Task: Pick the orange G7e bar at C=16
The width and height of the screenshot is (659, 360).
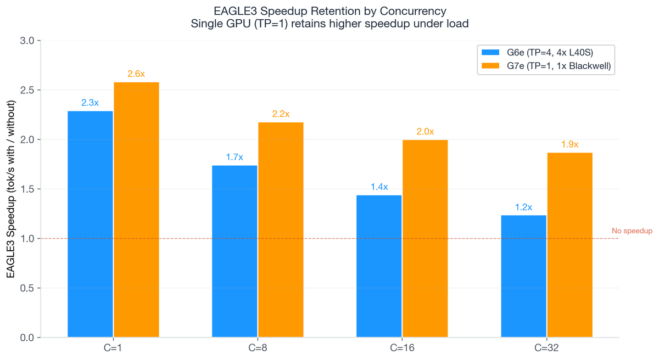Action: pyautogui.click(x=425, y=238)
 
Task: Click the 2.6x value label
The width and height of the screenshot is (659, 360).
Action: pyautogui.click(x=136, y=74)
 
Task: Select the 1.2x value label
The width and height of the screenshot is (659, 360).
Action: pyautogui.click(x=524, y=207)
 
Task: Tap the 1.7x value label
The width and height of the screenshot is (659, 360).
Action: pyautogui.click(x=234, y=157)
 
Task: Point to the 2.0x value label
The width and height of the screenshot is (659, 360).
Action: pyautogui.click(x=425, y=132)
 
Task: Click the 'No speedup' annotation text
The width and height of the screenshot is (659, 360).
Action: pyautogui.click(x=632, y=231)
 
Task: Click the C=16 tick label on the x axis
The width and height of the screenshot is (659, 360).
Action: pyautogui.click(x=402, y=347)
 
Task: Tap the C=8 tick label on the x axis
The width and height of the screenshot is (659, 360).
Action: pyautogui.click(x=258, y=347)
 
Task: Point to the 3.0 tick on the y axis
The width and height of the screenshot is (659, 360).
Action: pyautogui.click(x=27, y=41)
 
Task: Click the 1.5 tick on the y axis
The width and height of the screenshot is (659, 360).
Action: pyautogui.click(x=27, y=189)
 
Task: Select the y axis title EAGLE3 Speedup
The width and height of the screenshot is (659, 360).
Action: pyautogui.click(x=11, y=189)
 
